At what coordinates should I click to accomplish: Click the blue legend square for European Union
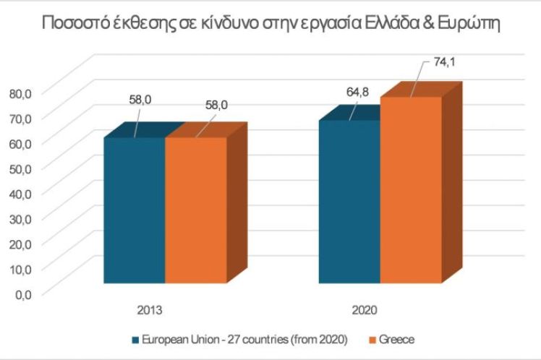coord(134,338)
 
